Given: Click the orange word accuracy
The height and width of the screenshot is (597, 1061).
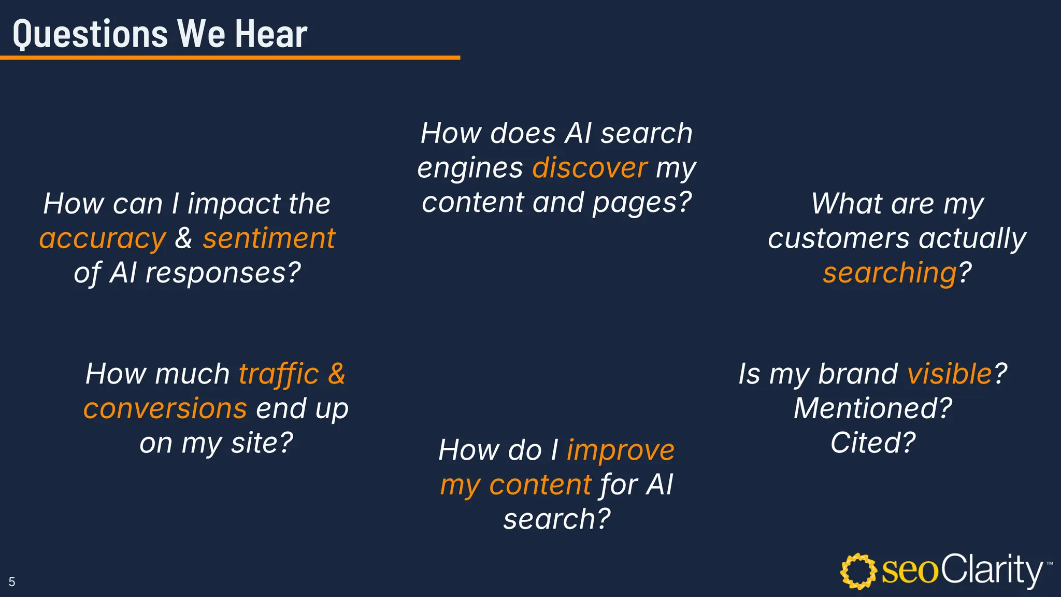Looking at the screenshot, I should point(103,239).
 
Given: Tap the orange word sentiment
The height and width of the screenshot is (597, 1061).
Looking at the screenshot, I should point(269,238).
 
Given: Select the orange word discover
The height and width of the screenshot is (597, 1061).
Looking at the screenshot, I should point(590,168).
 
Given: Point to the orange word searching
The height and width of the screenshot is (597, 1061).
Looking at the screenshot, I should point(890,273).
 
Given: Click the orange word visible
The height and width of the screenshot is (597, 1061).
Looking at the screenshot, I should point(950,374).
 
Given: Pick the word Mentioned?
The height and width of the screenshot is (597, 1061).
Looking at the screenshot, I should point(873,408).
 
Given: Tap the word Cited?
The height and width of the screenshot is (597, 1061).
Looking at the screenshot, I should point(873,443).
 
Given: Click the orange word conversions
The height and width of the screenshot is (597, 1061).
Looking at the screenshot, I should point(165,408).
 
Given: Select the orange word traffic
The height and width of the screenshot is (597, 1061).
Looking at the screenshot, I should point(279,374).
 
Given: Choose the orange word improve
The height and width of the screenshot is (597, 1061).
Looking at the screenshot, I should point(621,450).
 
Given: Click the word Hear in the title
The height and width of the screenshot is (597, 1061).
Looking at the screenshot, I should point(271,34).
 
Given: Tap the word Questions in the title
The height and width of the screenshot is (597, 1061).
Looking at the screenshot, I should point(91,34).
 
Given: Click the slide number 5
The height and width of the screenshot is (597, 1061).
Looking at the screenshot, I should point(12,581).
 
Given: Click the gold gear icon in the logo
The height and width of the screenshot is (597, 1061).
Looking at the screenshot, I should point(858,571).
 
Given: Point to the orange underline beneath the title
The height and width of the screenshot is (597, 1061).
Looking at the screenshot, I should point(230,58).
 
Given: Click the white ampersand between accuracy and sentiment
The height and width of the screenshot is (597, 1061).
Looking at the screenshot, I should point(183,238).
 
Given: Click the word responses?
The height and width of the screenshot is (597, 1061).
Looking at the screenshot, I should point(223,273).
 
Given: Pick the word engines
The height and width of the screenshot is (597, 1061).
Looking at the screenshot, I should point(470,168).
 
